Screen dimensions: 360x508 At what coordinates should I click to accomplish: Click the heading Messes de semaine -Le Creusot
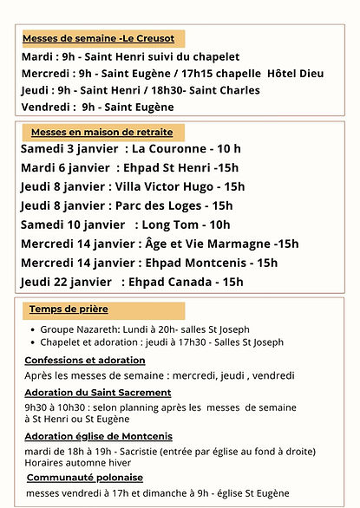[x=98, y=38]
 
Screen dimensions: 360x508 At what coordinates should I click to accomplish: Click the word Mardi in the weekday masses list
[x=37, y=56]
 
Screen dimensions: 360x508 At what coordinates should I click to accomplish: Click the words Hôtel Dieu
[x=296, y=73]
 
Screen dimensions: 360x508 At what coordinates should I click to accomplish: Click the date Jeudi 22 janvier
[x=66, y=282]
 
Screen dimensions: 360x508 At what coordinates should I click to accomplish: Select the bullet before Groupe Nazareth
[x=33, y=329]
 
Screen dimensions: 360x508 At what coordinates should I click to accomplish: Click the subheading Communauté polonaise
[x=85, y=477]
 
